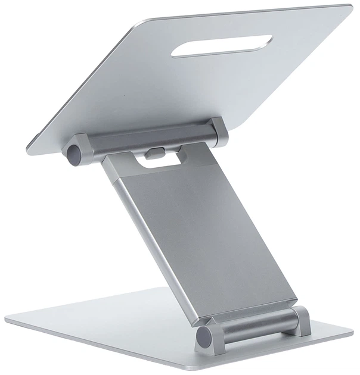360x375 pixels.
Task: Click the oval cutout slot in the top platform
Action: click(x=221, y=46)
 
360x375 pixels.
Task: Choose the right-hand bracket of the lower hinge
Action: click(x=301, y=320)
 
